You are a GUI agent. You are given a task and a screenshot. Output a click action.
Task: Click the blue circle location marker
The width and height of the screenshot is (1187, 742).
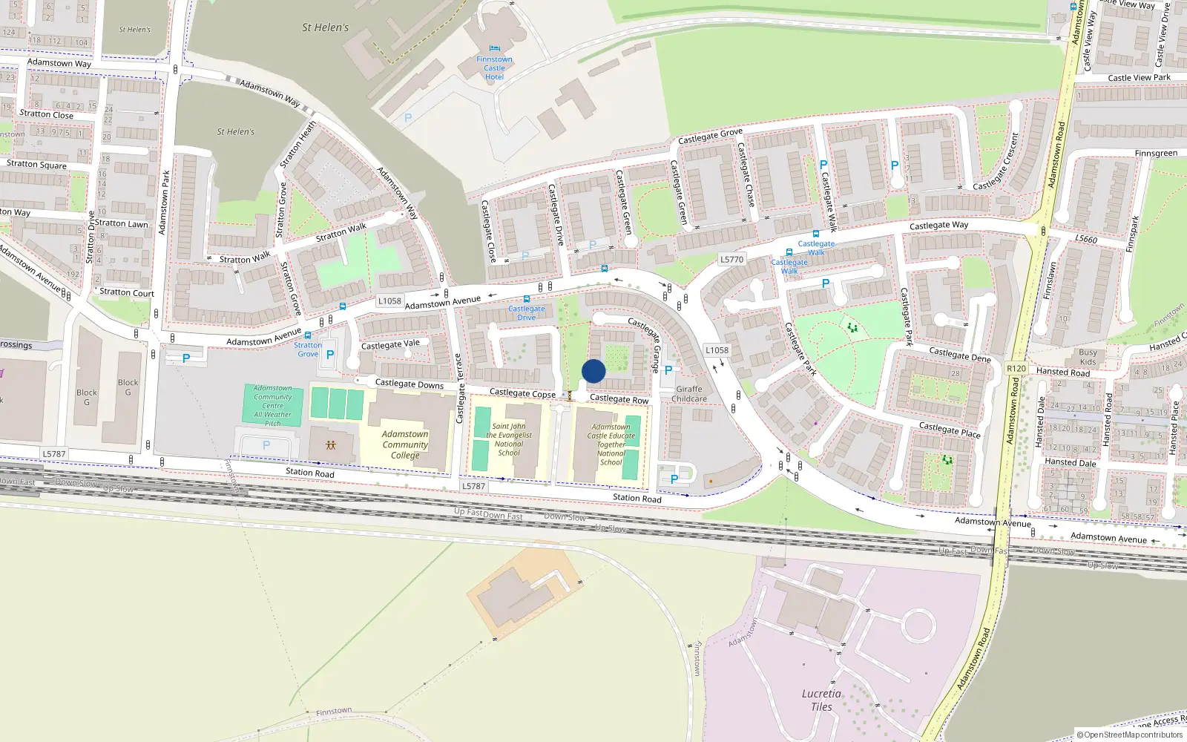[593, 371]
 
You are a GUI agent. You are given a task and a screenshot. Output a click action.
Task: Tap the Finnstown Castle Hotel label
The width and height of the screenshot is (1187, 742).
[494, 68]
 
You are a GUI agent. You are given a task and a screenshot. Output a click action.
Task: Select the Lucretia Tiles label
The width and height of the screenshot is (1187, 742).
[821, 700]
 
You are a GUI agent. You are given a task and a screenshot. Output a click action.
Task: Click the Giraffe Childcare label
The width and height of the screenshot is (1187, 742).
[688, 394]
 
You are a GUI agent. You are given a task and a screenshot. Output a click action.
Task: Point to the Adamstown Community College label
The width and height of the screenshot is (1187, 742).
[405, 444]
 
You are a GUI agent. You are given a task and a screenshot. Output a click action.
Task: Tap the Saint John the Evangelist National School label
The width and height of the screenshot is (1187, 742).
[509, 439]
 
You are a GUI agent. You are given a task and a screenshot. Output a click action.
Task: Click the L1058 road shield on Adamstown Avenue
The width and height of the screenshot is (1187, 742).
[389, 301]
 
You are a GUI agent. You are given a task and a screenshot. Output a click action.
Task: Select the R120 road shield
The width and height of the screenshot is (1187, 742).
[1016, 368]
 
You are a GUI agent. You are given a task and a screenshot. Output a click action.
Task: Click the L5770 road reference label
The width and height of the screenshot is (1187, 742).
[731, 259]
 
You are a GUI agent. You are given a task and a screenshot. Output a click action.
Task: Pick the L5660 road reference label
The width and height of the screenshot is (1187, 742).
[1086, 239]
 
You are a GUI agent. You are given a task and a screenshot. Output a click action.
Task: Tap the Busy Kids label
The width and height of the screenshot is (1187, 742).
[1088, 357]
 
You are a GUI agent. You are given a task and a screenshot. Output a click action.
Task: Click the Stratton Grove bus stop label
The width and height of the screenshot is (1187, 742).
[308, 349]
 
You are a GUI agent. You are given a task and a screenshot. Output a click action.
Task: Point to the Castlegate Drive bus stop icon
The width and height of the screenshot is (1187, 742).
[527, 299]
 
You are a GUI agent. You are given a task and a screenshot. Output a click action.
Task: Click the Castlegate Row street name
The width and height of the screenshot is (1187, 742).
[619, 399]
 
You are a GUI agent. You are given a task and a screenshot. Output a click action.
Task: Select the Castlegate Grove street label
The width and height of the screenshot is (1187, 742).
[710, 137]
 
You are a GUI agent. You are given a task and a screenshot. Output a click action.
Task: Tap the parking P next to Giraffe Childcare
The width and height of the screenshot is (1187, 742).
[668, 370]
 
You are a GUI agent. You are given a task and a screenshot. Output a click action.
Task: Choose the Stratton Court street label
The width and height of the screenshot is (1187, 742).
[127, 292]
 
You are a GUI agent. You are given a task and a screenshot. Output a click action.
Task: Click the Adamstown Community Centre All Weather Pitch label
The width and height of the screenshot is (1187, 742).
[273, 405]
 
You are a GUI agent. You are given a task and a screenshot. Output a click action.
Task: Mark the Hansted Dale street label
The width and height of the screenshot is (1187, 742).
[1070, 462]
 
